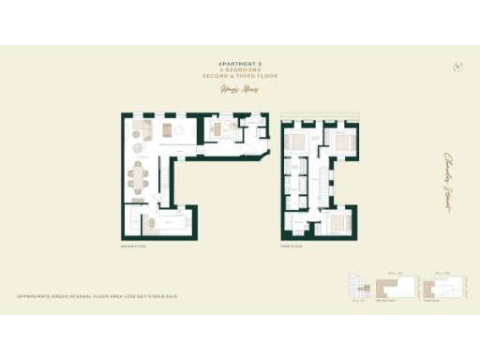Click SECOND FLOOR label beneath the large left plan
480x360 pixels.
point(129,247)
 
